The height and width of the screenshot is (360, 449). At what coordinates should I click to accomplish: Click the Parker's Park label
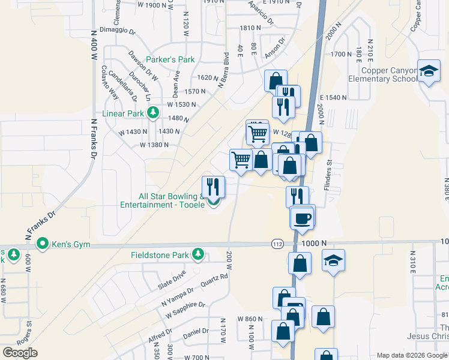171,59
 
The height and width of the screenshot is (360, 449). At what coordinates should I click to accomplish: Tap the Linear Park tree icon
153,113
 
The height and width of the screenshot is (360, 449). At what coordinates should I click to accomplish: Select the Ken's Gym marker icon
42,244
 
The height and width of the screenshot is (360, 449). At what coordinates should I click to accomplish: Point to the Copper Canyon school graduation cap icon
429,73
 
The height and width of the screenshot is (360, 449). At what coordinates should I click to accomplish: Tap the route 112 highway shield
277,244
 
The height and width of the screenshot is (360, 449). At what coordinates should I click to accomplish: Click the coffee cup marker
303,217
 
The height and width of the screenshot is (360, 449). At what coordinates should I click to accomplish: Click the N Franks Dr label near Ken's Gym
40,222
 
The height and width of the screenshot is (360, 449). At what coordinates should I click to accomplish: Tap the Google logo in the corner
19,353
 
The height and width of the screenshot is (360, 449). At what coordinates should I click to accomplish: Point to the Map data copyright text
412,355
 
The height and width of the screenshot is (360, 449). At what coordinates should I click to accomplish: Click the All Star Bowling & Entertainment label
168,200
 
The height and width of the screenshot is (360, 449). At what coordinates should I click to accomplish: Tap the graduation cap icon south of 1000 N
333,260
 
